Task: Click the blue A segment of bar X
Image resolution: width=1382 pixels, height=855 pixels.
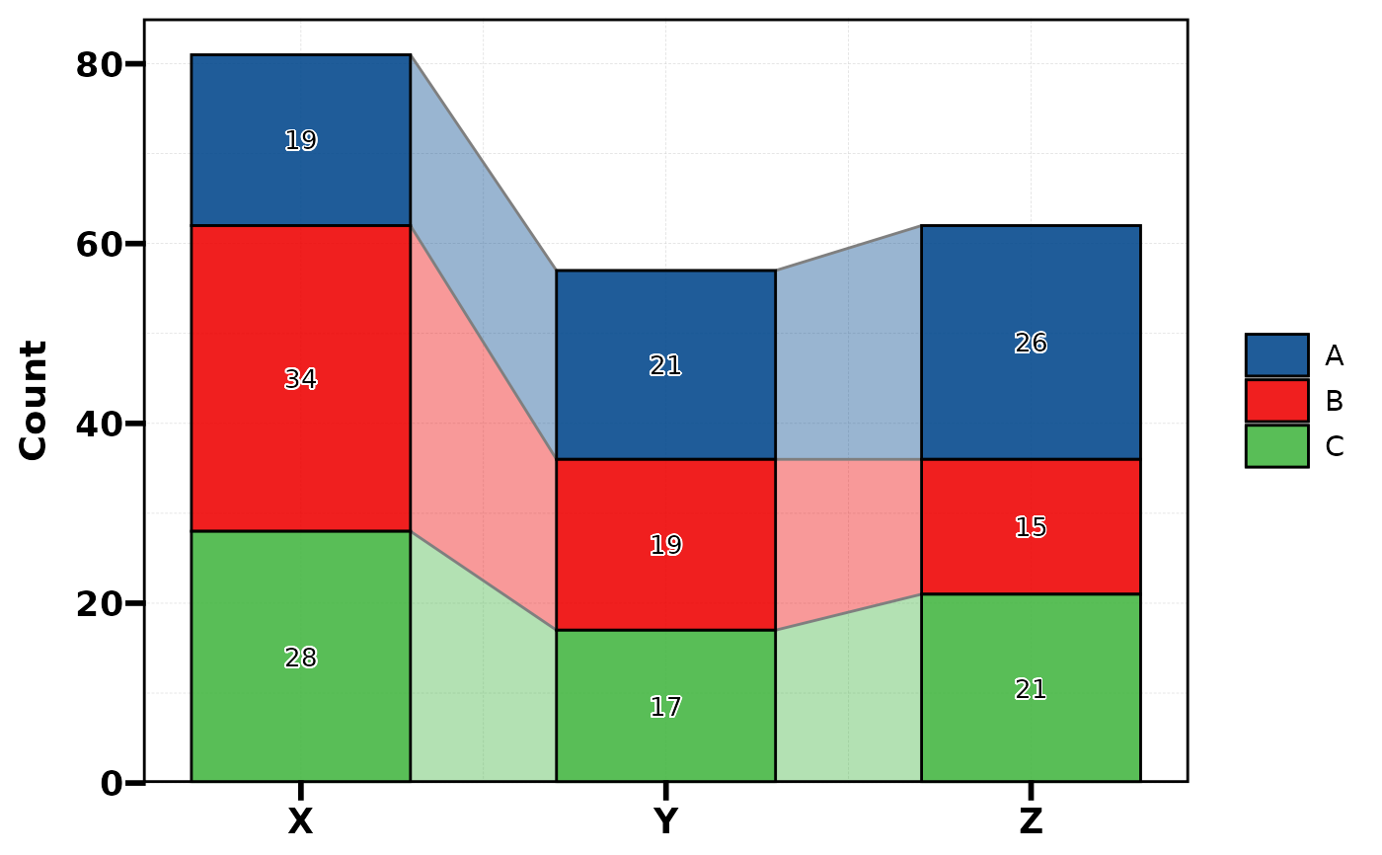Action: pyautogui.click(x=300, y=99)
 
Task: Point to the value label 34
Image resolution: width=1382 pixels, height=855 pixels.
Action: pyautogui.click(x=300, y=379)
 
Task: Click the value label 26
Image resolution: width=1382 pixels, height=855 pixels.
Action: pyautogui.click(x=1031, y=343)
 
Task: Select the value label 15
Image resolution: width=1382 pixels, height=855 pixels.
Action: pyautogui.click(x=1031, y=527)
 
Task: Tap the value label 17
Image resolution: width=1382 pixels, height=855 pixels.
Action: pyautogui.click(x=665, y=707)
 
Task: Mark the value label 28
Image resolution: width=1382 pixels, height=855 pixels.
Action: pyautogui.click(x=300, y=658)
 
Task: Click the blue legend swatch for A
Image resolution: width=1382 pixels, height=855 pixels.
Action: pyautogui.click(x=1276, y=354)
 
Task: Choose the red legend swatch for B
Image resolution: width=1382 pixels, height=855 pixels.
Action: pyautogui.click(x=1276, y=401)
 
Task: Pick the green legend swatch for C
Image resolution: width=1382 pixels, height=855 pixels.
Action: pyautogui.click(x=1276, y=446)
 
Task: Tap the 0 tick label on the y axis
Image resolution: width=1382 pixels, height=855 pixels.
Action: pyautogui.click(x=111, y=784)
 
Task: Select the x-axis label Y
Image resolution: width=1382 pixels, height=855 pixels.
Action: pyautogui.click(x=665, y=821)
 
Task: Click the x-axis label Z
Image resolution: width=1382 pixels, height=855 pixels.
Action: pyautogui.click(x=1031, y=821)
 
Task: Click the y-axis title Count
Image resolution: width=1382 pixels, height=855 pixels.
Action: pyautogui.click(x=35, y=400)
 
